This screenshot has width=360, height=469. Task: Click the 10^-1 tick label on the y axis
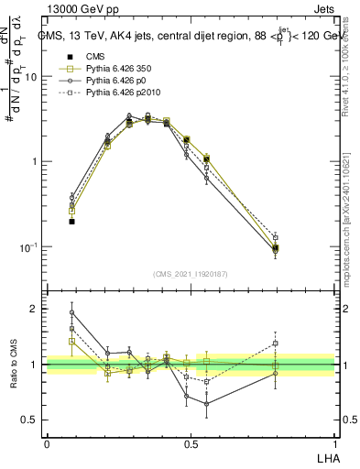point(29,247)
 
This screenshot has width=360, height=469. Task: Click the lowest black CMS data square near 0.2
point(72,221)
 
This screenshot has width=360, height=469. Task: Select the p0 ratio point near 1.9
point(72,312)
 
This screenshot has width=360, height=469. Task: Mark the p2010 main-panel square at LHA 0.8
point(276,237)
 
